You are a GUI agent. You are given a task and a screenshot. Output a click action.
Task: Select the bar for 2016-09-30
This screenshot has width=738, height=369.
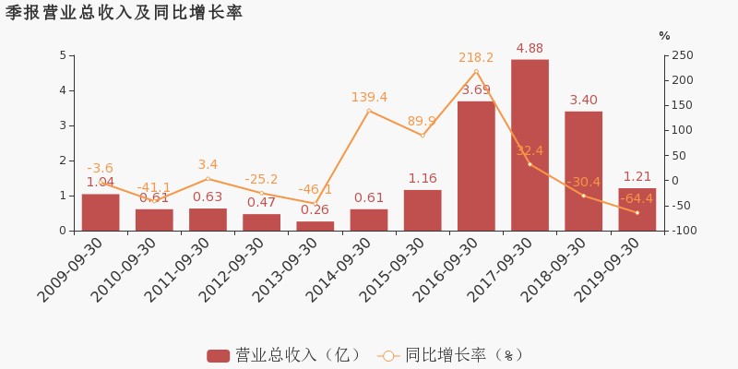tap(476, 166)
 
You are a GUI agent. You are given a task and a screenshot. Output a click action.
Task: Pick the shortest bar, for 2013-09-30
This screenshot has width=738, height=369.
tap(315, 226)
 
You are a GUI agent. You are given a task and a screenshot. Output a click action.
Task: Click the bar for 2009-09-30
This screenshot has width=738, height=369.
tap(101, 212)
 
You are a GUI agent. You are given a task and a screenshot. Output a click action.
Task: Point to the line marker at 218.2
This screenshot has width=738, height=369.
tap(476, 71)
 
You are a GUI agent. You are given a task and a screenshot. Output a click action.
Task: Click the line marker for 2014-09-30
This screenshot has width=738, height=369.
tap(369, 111)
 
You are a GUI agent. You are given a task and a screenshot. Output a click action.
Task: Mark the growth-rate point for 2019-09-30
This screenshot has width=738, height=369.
tap(637, 213)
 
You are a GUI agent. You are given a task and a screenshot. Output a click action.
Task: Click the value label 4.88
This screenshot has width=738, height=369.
tap(530, 49)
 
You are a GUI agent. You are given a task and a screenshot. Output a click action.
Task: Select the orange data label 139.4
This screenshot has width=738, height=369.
tap(369, 97)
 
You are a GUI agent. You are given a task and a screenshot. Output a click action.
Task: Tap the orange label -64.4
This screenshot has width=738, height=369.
tap(637, 198)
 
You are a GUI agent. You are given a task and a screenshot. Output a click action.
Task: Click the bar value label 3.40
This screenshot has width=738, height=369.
tap(583, 100)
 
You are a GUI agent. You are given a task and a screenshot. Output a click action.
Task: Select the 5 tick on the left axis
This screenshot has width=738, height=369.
tap(63, 55)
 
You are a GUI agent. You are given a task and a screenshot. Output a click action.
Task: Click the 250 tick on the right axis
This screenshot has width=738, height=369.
tap(682, 55)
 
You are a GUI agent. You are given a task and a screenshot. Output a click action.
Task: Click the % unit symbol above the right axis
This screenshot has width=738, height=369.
tap(664, 36)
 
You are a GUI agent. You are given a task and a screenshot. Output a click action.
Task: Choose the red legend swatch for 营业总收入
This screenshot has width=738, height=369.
tap(218, 355)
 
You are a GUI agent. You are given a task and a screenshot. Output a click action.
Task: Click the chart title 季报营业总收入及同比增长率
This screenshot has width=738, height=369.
tap(124, 13)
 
